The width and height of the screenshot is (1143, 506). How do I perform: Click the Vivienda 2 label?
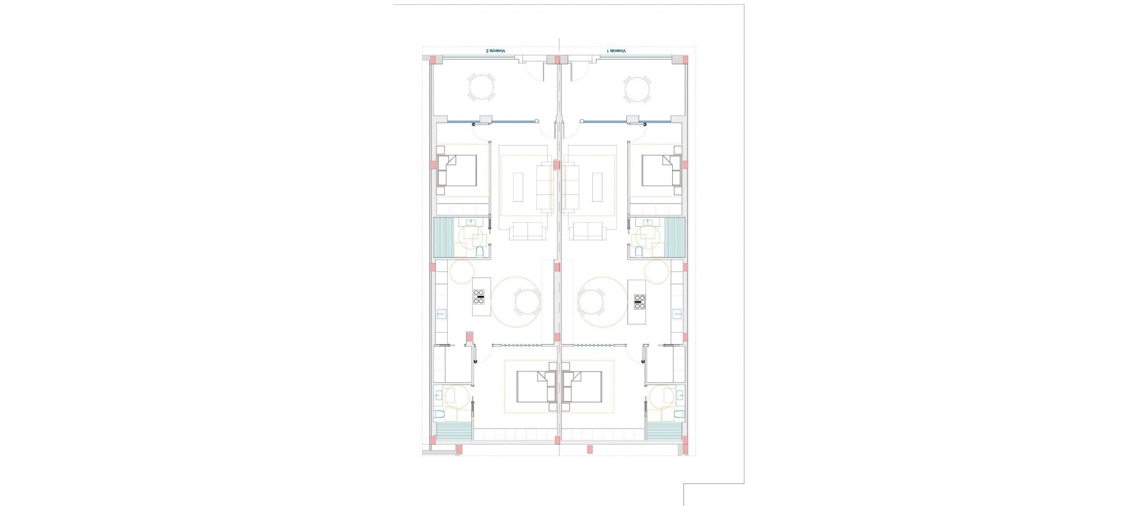pos(495,51)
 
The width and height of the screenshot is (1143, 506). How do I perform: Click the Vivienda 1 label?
pos(616,51)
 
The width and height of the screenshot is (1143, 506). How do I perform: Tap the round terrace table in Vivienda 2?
pos(481,88)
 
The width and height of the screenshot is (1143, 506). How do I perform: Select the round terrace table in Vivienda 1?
pos(636,88)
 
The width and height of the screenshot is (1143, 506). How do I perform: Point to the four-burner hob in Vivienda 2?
pos(479,297)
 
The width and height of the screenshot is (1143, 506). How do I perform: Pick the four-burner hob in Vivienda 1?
pos(640,302)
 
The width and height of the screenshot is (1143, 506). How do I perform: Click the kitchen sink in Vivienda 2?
pos(441,314)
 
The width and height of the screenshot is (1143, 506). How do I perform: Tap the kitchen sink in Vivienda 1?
pos(677,314)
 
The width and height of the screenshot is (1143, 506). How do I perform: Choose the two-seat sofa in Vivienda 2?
pos(526,231)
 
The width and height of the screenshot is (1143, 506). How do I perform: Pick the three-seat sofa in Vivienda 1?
pos(571,188)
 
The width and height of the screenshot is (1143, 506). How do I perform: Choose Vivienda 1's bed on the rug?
pos(583,387)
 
